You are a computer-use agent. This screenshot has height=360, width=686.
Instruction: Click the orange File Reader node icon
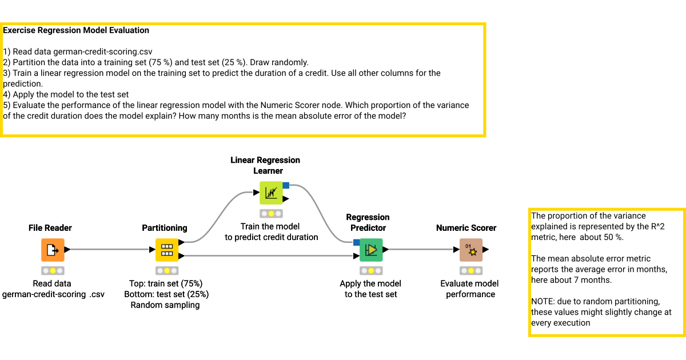53,250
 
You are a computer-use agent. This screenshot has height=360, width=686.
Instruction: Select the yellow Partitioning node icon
167,250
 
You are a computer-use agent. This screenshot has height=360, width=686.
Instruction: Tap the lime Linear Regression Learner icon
271,193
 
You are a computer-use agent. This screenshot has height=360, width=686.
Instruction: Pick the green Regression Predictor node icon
371,250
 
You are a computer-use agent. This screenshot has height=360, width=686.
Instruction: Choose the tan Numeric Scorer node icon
471,250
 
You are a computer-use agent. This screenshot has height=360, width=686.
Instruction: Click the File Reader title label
50,228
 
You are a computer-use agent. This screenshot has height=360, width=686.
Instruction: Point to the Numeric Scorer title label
466,228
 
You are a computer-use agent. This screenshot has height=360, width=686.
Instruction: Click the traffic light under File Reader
53,270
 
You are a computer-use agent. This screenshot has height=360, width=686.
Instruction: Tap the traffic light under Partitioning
167,270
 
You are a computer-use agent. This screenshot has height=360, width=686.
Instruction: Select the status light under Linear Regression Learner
271,213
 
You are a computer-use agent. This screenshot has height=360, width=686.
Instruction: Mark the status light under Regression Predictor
371,270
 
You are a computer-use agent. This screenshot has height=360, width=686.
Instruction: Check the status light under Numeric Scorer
471,270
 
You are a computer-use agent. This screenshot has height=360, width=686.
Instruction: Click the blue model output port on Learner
286,185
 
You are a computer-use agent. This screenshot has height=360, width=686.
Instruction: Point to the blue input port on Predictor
357,242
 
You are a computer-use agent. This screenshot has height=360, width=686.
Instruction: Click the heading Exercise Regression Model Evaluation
76,30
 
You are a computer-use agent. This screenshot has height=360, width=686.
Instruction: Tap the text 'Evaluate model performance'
469,289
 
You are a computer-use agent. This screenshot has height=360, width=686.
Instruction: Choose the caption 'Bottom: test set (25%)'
166,294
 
